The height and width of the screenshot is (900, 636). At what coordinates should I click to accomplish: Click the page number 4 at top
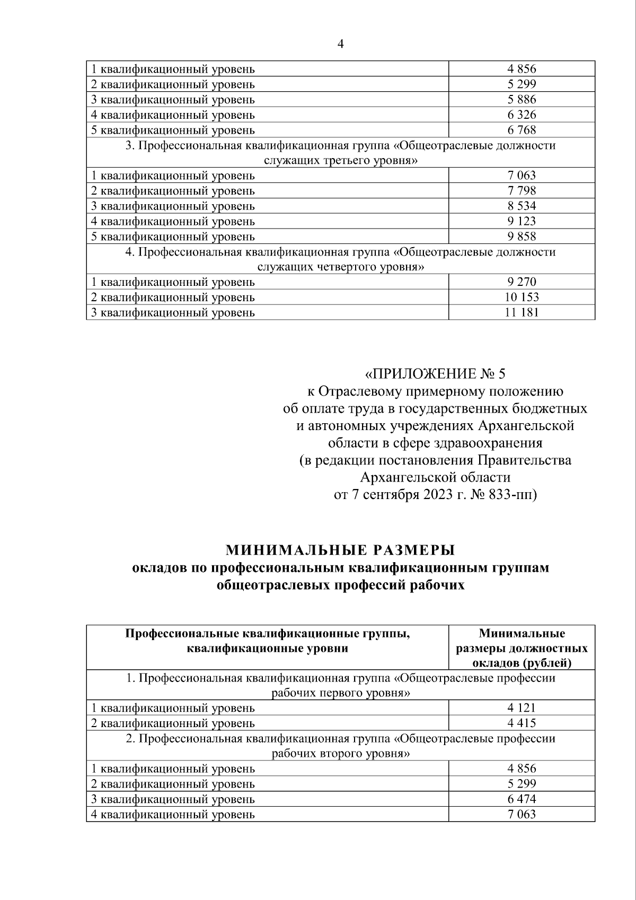340,45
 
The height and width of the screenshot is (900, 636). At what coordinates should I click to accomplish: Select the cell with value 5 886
522,100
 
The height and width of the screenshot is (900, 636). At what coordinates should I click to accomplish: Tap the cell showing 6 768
522,130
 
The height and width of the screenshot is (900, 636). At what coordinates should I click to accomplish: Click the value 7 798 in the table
522,190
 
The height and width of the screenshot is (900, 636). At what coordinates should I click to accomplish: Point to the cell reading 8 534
522,206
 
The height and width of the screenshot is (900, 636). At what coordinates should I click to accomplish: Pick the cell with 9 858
522,236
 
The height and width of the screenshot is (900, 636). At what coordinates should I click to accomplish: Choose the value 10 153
522,297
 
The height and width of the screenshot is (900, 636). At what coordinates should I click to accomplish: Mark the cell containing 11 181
522,312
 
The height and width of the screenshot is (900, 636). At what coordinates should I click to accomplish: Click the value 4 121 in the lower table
522,707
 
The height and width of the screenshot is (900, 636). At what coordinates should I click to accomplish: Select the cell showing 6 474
522,799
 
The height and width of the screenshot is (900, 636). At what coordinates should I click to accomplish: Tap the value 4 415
522,723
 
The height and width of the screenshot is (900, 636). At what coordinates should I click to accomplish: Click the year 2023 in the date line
438,495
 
